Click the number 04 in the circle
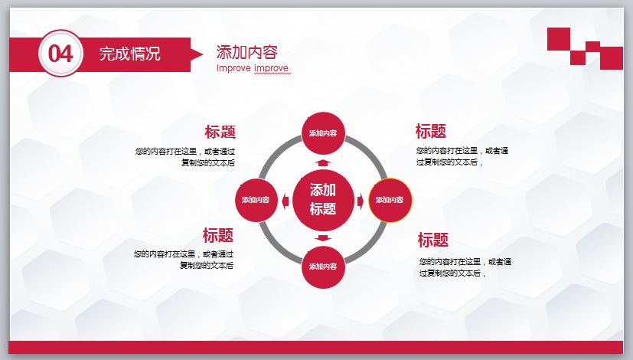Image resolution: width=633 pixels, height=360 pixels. point(60,54)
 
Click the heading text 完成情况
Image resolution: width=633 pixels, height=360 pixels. point(129,54)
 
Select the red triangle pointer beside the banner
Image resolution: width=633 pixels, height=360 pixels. point(197,54)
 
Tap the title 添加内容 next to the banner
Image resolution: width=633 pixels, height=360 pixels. point(246,52)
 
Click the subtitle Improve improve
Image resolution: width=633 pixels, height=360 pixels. point(253,68)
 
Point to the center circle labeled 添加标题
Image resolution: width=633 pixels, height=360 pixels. point(322,199)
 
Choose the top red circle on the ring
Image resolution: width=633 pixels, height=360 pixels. point(323,133)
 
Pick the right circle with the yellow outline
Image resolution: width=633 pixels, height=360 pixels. point(389,200)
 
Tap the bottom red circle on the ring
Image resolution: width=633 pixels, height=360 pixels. point(323,267)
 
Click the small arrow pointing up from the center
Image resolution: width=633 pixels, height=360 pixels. point(323,163)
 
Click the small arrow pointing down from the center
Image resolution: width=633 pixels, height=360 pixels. point(323,237)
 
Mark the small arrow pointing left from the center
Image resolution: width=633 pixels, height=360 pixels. point(285,201)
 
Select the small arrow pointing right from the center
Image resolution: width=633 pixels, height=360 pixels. point(361,201)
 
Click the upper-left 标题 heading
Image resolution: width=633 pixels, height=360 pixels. point(220,132)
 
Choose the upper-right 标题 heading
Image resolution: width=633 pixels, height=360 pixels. point(431,131)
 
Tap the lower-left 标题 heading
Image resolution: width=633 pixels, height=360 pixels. point(218,235)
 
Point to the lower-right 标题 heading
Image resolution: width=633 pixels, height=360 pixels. point(433,240)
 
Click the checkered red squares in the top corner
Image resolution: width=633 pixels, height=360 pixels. point(584,47)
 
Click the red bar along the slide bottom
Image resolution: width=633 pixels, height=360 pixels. point(316,347)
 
